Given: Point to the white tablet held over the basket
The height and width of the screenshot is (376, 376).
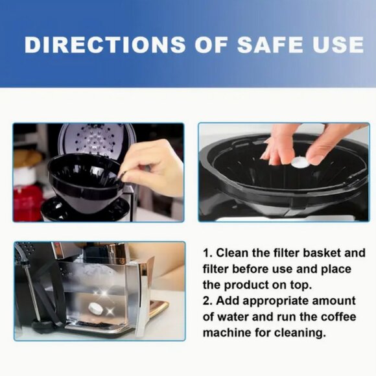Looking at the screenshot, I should point(300,163).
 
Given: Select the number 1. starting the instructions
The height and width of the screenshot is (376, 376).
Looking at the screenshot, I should point(208,253).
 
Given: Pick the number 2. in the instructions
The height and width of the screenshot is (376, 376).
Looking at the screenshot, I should point(208,301).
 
